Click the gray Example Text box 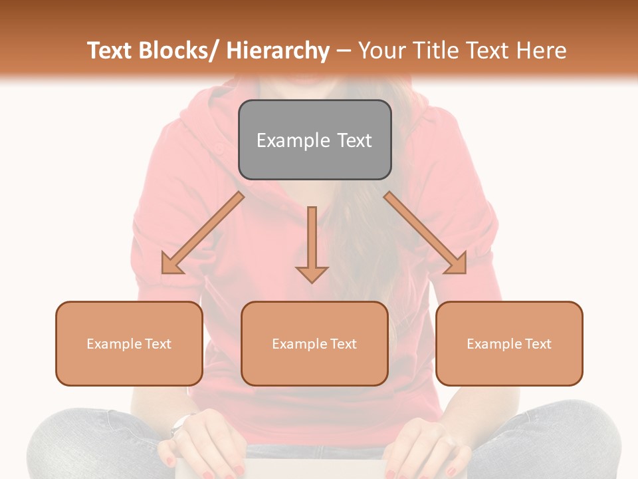pyautogui.click(x=314, y=140)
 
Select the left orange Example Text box pyautogui.click(x=129, y=343)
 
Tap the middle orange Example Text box pyautogui.click(x=314, y=343)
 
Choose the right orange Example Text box pyautogui.click(x=509, y=343)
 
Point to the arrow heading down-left pyautogui.click(x=203, y=233)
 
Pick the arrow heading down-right pyautogui.click(x=425, y=233)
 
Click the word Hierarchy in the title pyautogui.click(x=278, y=51)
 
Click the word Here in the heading pyautogui.click(x=542, y=51)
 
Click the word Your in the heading pyautogui.click(x=381, y=51)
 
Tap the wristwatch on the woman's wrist pyautogui.click(x=181, y=424)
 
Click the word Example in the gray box pyautogui.click(x=293, y=140)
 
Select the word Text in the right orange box pyautogui.click(x=538, y=344)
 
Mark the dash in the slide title pyautogui.click(x=344, y=51)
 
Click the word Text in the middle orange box pyautogui.click(x=343, y=344)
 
